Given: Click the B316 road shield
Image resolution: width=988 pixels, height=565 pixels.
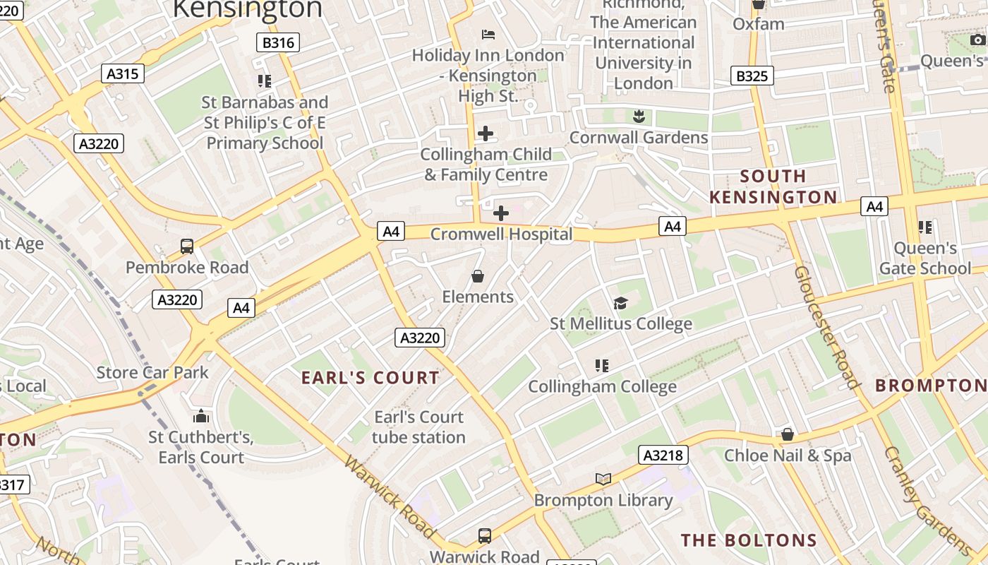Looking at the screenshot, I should (278, 42).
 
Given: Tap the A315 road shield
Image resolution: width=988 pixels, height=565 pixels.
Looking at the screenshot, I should (123, 73).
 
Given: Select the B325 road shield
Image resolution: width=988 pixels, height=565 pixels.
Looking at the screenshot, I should (752, 76).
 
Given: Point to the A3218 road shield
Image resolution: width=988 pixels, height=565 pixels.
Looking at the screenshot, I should (664, 455).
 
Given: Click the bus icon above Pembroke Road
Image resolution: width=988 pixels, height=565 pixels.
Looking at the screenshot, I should (187, 246).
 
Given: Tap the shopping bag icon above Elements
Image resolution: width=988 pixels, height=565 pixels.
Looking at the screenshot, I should (478, 275).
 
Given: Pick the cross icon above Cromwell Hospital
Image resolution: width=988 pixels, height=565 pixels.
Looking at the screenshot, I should (500, 213).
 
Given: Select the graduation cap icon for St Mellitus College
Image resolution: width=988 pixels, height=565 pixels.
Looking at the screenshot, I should (620, 303).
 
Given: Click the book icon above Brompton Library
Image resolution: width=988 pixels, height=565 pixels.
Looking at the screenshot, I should (603, 480).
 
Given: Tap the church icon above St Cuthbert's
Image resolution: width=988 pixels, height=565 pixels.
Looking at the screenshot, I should (201, 416).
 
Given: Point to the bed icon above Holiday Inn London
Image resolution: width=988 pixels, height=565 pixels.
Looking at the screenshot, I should (488, 34).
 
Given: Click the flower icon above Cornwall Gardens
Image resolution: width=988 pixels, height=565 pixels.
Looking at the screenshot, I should (639, 116).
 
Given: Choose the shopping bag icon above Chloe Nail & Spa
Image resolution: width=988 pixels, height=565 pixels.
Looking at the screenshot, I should (788, 434).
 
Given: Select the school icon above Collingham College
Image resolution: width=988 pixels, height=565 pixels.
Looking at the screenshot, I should (602, 365).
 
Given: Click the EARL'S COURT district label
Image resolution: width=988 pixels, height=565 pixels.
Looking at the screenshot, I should (370, 378).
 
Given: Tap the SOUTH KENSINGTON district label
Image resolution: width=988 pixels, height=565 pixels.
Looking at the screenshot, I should (773, 186).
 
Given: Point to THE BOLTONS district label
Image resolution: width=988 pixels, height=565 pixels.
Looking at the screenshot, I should (749, 541).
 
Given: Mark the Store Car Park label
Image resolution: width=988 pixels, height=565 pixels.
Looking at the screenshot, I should (152, 372).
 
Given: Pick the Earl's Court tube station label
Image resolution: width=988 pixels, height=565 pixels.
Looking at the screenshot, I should (418, 427).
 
